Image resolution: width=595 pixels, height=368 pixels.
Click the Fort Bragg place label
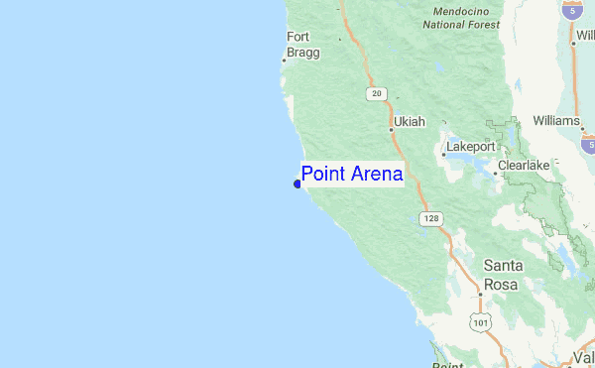[x=302, y=45]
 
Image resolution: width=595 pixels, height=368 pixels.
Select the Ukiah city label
[x=409, y=122]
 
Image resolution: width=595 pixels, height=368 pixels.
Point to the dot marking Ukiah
[x=391, y=127]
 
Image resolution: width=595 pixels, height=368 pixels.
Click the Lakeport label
[x=470, y=146]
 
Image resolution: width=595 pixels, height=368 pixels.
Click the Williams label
[x=555, y=121]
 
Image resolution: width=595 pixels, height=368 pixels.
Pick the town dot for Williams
[x=583, y=127]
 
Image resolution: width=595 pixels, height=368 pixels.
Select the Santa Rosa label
[x=504, y=274]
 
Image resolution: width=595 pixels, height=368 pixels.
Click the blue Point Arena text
[x=352, y=175]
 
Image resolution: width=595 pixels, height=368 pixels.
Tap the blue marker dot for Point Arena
[x=297, y=183]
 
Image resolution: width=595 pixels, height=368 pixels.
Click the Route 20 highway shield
[x=375, y=93]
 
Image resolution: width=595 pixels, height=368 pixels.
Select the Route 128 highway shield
[x=429, y=217]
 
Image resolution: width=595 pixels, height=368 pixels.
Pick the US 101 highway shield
[x=482, y=323]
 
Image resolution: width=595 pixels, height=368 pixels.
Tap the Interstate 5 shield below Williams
[x=589, y=145]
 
